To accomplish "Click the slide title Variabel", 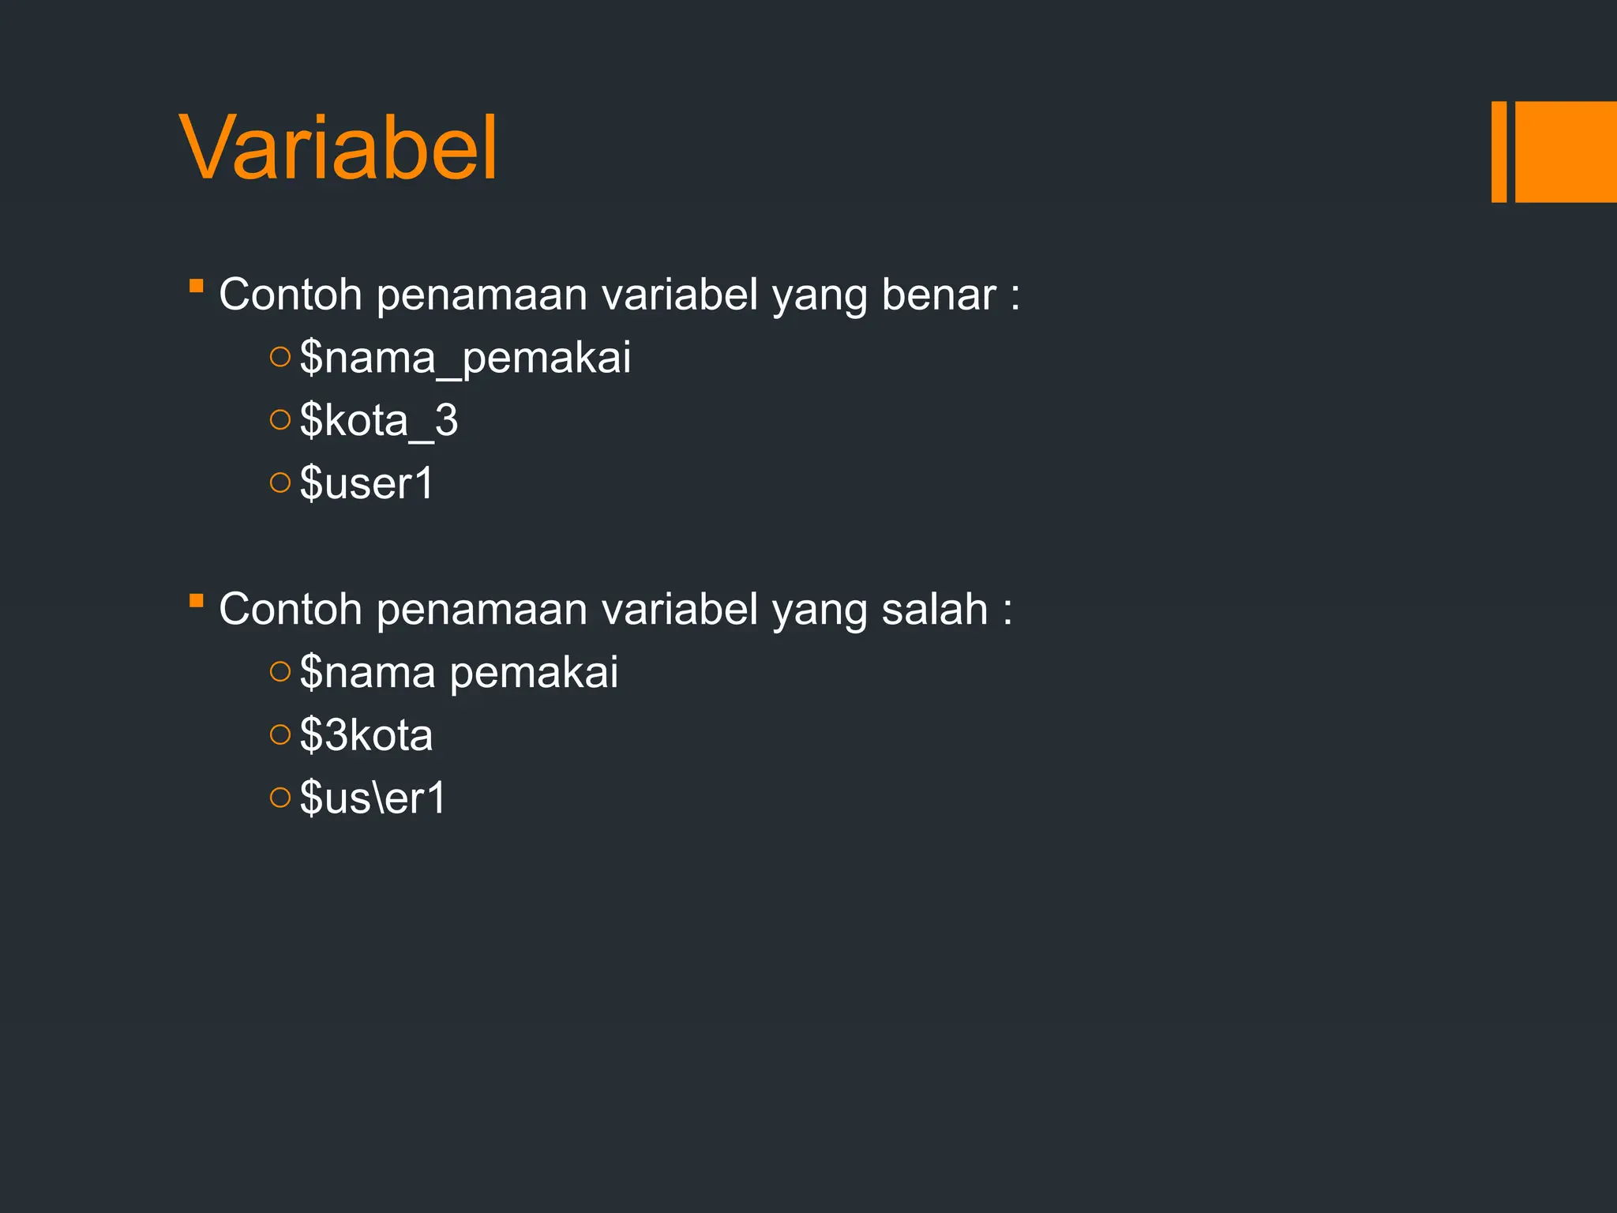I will point(339,148).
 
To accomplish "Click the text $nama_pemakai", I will point(465,358).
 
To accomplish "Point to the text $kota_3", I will point(379,420).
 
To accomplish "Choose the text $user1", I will point(367,483).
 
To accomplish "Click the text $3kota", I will point(366,735).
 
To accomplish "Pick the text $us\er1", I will point(373,798).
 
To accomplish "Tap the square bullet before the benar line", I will point(197,285).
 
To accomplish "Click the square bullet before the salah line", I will point(197,601).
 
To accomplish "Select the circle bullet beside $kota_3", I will point(280,420).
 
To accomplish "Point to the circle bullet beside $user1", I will point(280,483).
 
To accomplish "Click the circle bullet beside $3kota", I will point(280,735).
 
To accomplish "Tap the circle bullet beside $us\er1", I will point(280,798).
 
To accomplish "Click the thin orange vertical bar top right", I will point(1499,152).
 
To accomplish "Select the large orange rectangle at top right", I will point(1566,152).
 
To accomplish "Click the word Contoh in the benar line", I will point(290,295).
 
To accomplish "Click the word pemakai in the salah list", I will point(534,674).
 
